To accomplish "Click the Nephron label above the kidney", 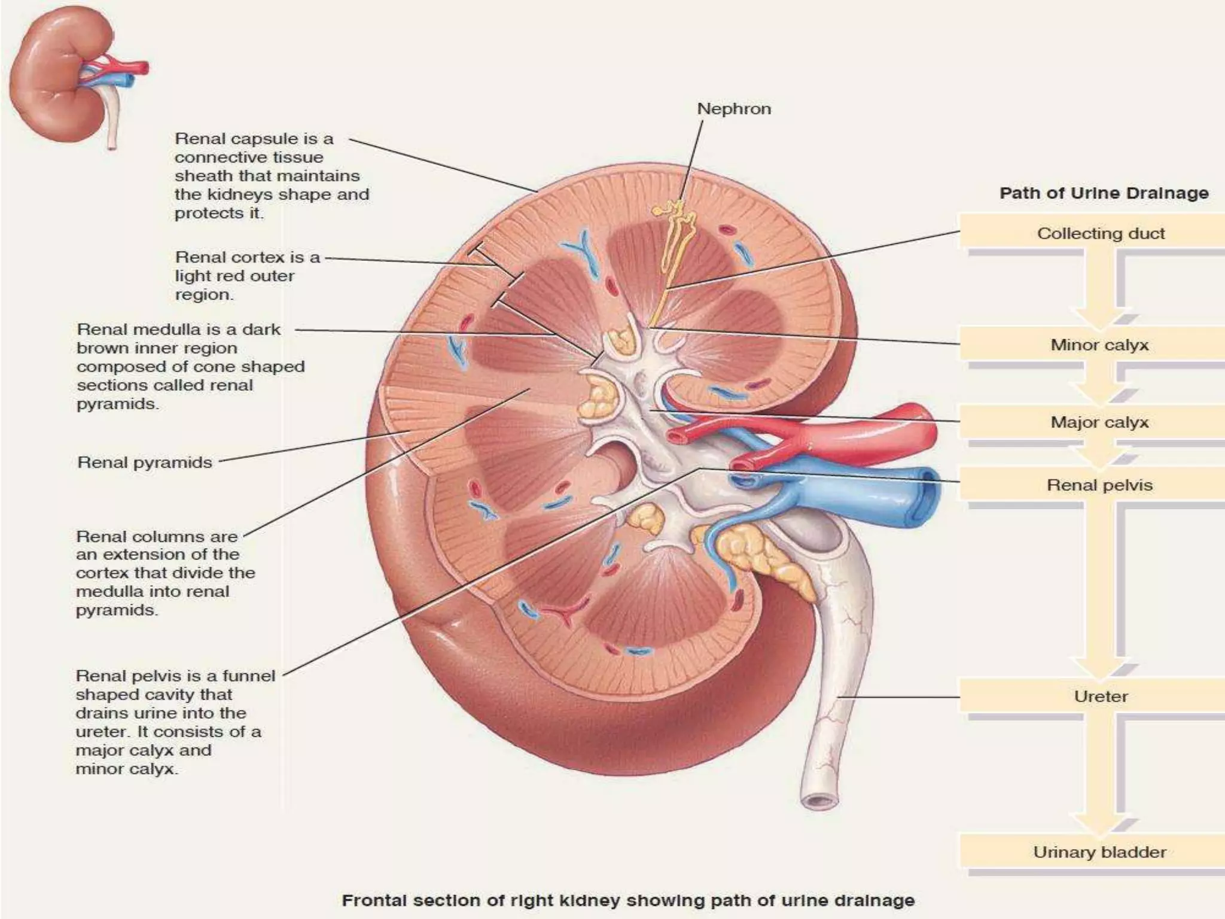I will pos(734,109).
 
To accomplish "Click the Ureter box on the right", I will pos(1101,696).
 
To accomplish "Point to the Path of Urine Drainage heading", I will pos(1104,193).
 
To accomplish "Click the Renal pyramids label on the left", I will pos(145,462).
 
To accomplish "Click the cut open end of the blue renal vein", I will pos(925,494).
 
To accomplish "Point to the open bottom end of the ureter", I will pos(819,800).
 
